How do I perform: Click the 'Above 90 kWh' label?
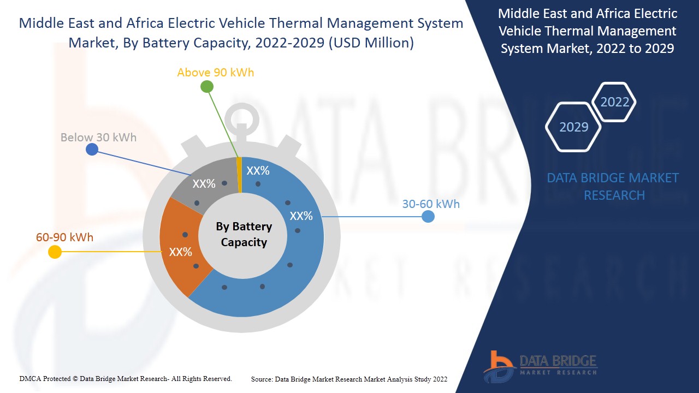216,73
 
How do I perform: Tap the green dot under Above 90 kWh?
206,86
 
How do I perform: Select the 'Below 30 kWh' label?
98,138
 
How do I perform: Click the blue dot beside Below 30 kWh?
92,150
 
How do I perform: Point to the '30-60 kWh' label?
431,204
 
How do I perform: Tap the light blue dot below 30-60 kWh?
428,217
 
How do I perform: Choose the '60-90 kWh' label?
64,237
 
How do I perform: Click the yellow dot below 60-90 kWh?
55,252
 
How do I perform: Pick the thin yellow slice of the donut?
239,175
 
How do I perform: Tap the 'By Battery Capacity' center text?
244,234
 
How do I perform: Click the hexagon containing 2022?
614,102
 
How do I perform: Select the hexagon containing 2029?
573,127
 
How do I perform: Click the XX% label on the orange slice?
180,252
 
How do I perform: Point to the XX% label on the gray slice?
204,184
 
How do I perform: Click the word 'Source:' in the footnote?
262,379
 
